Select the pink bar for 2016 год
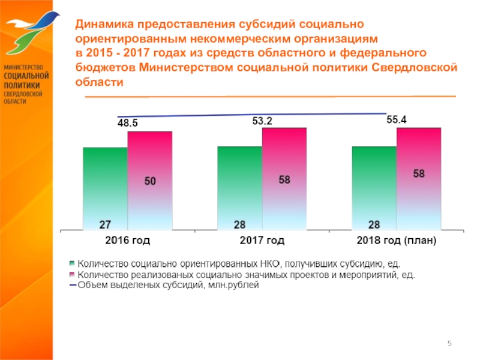(x=149, y=180)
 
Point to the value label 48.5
(x=127, y=123)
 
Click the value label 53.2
(x=262, y=121)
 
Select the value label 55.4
(x=396, y=120)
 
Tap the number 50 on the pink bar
(x=150, y=181)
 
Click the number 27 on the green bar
(x=104, y=225)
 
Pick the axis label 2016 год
(x=127, y=241)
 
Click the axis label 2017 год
(x=262, y=241)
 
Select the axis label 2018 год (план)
(x=396, y=241)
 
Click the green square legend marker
(x=73, y=263)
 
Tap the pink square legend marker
(x=73, y=275)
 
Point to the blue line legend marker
(x=73, y=286)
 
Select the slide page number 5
(x=449, y=342)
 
